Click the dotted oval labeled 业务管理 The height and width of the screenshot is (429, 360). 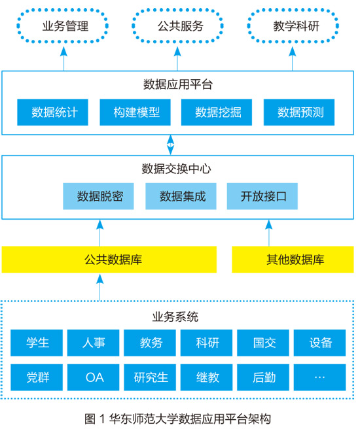[x=62, y=10]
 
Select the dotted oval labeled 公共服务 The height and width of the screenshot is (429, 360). [x=177, y=10]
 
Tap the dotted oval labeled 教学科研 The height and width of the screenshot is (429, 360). [x=293, y=10]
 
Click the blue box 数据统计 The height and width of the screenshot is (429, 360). [x=52, y=112]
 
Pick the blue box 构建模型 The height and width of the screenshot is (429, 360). [x=135, y=112]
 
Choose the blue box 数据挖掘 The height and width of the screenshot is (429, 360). [x=217, y=112]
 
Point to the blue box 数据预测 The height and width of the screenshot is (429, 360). [x=299, y=112]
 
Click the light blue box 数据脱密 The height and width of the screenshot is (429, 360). [x=98, y=196]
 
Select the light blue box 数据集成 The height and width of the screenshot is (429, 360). [x=181, y=196]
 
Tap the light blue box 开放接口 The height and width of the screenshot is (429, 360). [x=262, y=196]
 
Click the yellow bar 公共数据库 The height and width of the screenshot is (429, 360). [x=109, y=260]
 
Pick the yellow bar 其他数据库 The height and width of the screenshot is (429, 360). [x=293, y=260]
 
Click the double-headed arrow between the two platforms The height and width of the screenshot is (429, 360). [x=170, y=145]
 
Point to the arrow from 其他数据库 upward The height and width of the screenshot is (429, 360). [x=269, y=233]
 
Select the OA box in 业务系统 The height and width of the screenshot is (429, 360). [x=94, y=377]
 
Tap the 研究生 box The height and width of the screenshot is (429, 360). [x=150, y=377]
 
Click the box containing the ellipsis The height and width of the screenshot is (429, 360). [x=320, y=377]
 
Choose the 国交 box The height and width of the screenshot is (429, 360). [x=263, y=343]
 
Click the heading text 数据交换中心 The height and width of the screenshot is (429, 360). [x=176, y=169]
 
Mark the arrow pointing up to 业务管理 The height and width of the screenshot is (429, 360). [x=63, y=59]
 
